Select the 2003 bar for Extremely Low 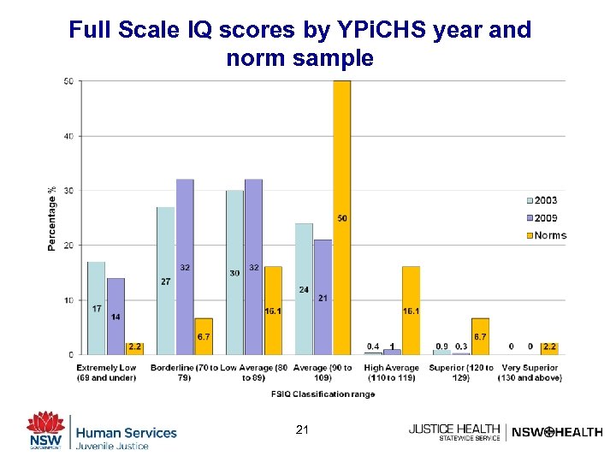pyautogui.click(x=96, y=308)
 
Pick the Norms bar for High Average pyautogui.click(x=411, y=311)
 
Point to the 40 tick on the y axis pyautogui.click(x=68, y=136)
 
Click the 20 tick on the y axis pyautogui.click(x=68, y=246)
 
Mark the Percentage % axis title pyautogui.click(x=52, y=218)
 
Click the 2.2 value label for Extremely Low pyautogui.click(x=134, y=347)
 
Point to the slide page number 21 pyautogui.click(x=301, y=429)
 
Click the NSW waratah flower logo pyautogui.click(x=44, y=424)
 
